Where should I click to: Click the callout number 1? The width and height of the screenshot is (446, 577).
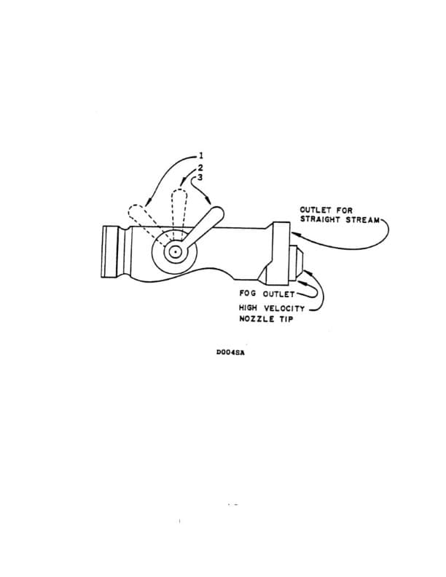tap(201, 155)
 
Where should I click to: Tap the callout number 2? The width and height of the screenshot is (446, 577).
tap(201, 167)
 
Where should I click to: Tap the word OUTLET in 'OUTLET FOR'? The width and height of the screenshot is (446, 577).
tap(316, 211)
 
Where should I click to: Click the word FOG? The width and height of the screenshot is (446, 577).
tap(249, 293)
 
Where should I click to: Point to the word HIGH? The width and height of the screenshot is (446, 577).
tap(251, 307)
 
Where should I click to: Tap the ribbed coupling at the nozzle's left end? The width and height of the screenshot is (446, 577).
tap(111, 251)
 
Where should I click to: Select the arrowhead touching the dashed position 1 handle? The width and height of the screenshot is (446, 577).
tap(148, 204)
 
